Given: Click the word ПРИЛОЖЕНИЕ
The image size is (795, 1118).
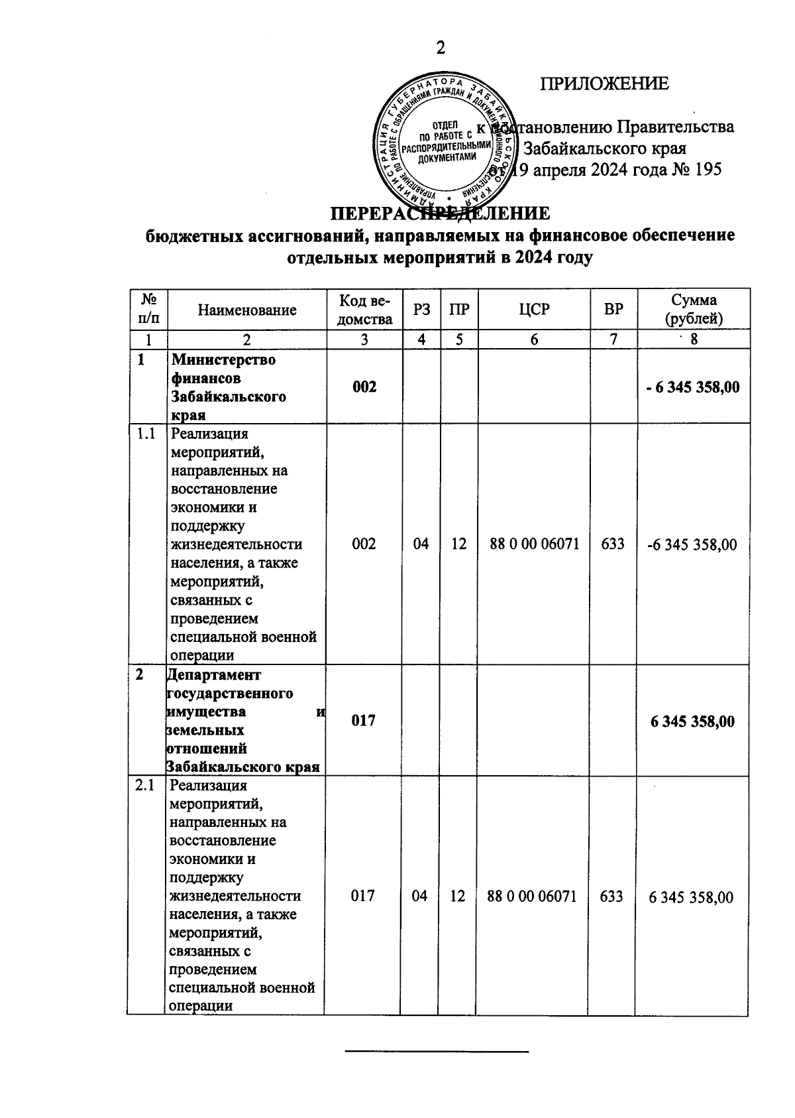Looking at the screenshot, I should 604,84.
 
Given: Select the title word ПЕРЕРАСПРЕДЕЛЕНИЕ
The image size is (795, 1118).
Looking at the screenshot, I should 440,214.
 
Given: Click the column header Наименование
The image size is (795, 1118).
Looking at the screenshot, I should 247,310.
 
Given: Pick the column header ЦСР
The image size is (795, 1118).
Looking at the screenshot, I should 534,310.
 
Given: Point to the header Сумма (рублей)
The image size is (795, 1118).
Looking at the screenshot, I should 694,309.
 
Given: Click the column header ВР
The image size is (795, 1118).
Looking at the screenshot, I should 613,310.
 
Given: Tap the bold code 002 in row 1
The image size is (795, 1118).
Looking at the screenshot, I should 364,387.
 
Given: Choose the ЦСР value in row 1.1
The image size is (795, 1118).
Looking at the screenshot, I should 534,544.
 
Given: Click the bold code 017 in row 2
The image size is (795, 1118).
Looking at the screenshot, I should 363,720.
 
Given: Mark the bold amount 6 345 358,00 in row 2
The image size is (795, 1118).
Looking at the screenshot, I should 692,721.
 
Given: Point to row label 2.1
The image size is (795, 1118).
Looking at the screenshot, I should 144,786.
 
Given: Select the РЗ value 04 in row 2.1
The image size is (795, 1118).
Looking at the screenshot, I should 419,897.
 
